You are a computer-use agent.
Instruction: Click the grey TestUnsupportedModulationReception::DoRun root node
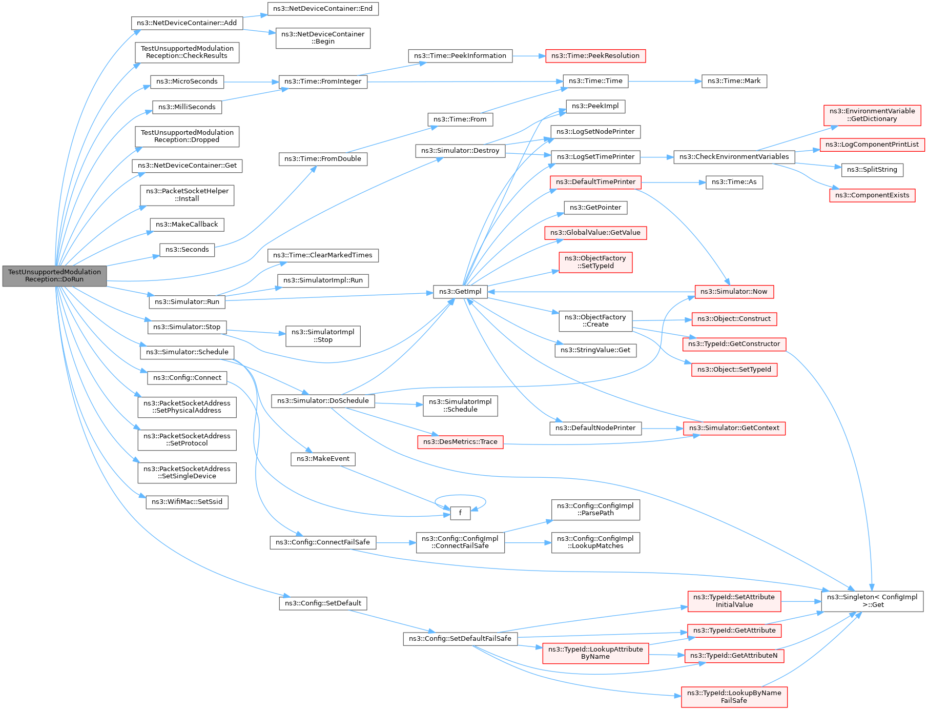[x=54, y=276]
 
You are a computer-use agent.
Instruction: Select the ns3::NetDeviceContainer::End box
[x=323, y=9]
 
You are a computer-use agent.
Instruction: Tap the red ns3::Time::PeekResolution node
[x=595, y=56]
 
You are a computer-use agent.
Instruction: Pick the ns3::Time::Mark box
[x=734, y=81]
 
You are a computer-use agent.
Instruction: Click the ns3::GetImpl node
[x=460, y=292]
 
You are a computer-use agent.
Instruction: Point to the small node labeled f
[x=460, y=513]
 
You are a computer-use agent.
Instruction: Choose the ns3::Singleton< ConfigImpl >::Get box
[x=872, y=601]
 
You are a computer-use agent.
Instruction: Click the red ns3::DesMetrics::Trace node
[x=460, y=442]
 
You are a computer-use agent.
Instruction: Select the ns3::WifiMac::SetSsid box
[x=187, y=502]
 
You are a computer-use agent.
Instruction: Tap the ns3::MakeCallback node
[x=187, y=225]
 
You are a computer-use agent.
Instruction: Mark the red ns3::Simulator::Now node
[x=734, y=292]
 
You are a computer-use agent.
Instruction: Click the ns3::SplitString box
[x=872, y=170]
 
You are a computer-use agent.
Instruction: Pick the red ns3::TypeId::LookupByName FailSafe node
[x=734, y=697]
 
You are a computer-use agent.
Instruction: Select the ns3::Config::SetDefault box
[x=323, y=603]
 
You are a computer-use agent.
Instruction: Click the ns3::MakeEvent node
[x=323, y=459]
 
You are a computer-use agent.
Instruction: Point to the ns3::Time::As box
[x=734, y=182]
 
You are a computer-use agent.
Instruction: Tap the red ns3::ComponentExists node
[x=872, y=195]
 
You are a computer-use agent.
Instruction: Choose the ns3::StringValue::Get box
[x=595, y=350]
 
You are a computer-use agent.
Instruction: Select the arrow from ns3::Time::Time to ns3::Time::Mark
[x=665, y=81]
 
